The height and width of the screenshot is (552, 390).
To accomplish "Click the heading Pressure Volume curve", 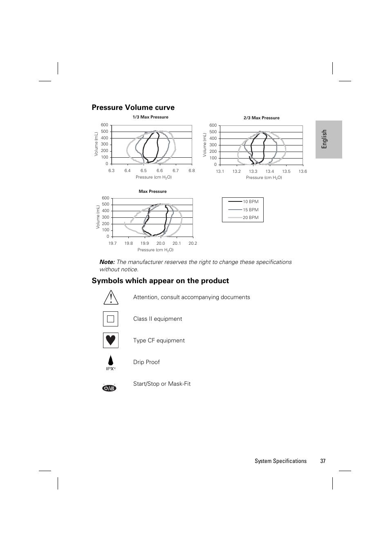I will [133, 107].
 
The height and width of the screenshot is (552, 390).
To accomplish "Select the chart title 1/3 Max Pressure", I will [150, 117].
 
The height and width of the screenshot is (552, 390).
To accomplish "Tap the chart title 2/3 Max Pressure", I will [261, 118].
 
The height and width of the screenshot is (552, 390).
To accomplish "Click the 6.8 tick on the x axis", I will [191, 171].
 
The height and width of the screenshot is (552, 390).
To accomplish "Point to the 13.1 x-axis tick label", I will [220, 172].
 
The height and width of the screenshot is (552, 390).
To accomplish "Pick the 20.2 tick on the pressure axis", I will [193, 244].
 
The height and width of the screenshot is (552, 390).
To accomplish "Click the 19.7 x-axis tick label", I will [112, 244].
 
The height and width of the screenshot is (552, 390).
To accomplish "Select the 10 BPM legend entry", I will [250, 202].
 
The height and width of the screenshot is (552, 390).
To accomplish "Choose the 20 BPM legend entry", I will [250, 218].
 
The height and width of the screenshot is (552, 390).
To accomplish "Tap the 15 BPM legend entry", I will [250, 210].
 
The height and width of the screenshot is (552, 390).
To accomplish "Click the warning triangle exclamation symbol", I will [110, 297].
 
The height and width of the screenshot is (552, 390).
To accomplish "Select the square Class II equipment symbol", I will [110, 319].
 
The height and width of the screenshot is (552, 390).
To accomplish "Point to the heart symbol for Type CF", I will [110, 340].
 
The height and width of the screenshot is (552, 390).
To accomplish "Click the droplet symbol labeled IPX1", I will [110, 362].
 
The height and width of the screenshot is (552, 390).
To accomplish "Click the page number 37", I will [323, 461].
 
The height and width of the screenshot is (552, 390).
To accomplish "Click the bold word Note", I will [107, 262].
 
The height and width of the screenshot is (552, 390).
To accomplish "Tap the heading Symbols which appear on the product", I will [160, 281].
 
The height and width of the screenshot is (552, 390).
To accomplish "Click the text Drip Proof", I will [146, 362].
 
